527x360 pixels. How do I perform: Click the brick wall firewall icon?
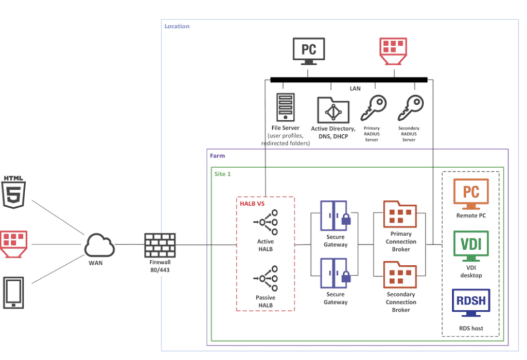click(159, 245)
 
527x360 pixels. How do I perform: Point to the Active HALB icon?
click(266, 222)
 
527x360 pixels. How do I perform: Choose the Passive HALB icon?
click(266, 278)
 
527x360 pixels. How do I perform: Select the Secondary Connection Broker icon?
click(400, 274)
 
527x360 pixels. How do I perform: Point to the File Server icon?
click(286, 106)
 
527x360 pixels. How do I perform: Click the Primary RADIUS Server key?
click(373, 107)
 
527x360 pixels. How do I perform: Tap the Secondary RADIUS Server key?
click(410, 107)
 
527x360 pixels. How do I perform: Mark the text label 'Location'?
click(177, 26)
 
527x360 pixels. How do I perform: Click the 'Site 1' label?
click(223, 174)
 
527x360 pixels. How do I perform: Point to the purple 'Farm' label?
click(217, 155)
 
